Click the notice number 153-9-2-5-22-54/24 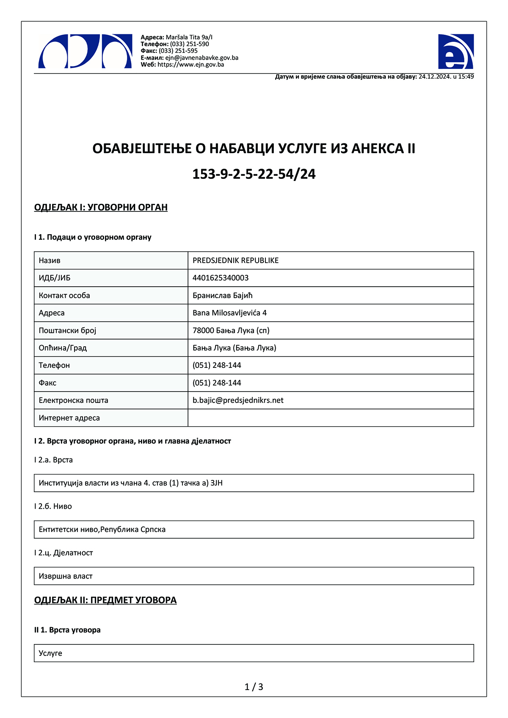click(x=254, y=174)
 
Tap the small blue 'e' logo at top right click(x=456, y=52)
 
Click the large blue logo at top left click(x=85, y=52)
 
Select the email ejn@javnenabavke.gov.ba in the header click(x=202, y=58)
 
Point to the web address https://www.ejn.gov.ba click(x=190, y=65)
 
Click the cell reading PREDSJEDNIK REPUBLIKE click(x=235, y=260)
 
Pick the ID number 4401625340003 click(x=221, y=278)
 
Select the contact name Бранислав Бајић click(x=222, y=296)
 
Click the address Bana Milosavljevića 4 click(x=229, y=313)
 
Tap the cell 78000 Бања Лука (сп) click(x=231, y=330)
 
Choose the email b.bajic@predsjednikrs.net click(x=238, y=400)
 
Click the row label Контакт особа click(x=64, y=296)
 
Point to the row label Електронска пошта click(x=73, y=400)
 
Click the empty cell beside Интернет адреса click(x=330, y=418)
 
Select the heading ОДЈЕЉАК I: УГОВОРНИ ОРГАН click(x=101, y=207)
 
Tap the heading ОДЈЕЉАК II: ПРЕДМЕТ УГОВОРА click(x=105, y=600)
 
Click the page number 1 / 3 click(x=254, y=687)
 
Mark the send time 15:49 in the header click(x=466, y=77)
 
